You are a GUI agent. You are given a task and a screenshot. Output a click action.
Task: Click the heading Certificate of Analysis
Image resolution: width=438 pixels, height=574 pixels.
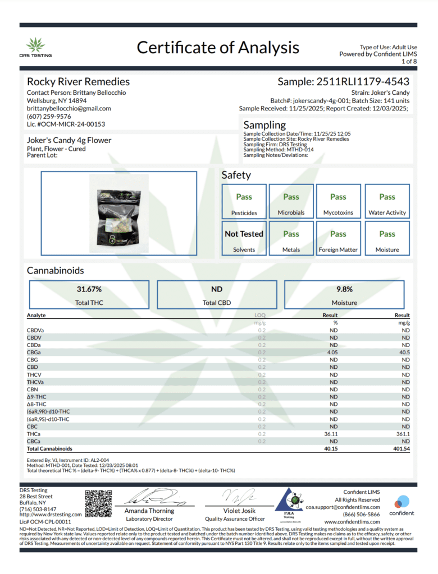point(218,48)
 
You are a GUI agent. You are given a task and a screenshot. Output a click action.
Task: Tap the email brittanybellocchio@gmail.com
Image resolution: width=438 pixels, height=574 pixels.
point(69,108)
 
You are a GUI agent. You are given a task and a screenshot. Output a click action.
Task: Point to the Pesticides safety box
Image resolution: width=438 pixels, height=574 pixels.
point(244,202)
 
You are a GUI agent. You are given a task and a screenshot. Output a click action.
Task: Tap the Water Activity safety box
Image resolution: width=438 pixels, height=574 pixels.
point(387,202)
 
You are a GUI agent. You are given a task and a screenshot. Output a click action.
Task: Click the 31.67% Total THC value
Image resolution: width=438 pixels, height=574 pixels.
point(89,289)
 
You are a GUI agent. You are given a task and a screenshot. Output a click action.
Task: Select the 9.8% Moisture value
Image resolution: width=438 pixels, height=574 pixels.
point(344,289)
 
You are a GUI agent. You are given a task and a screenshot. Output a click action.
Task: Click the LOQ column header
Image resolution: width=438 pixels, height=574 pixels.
point(260,316)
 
